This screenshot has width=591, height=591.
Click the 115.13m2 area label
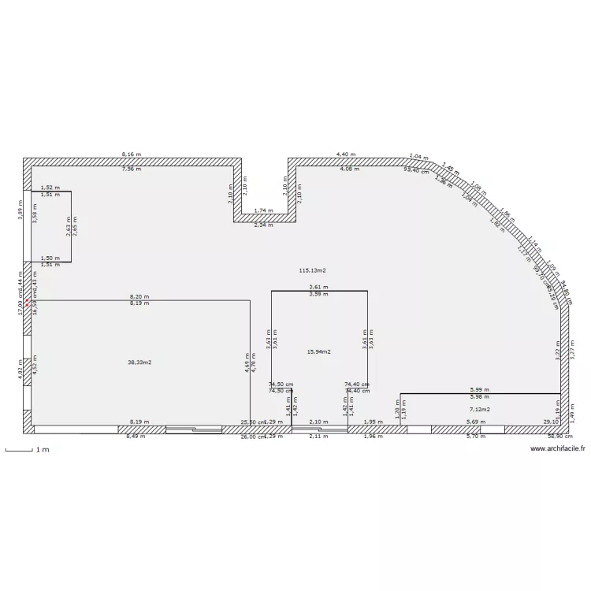click(312, 270)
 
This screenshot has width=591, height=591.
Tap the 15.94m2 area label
click(318, 351)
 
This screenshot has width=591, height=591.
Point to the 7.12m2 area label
click(479, 410)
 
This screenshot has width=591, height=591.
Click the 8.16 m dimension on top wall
click(132, 154)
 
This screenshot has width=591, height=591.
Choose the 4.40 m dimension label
click(346, 154)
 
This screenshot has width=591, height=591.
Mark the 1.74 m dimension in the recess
click(264, 211)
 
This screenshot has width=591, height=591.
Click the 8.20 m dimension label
click(139, 297)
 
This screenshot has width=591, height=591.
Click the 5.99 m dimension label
click(481, 389)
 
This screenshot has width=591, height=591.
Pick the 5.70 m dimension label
click(475, 436)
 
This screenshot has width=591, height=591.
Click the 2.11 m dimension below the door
click(318, 436)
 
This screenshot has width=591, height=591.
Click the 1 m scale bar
click(27, 450)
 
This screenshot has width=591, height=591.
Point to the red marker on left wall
click(26, 301)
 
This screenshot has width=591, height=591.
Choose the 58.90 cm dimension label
click(558, 436)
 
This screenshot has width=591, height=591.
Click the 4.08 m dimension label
click(349, 169)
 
